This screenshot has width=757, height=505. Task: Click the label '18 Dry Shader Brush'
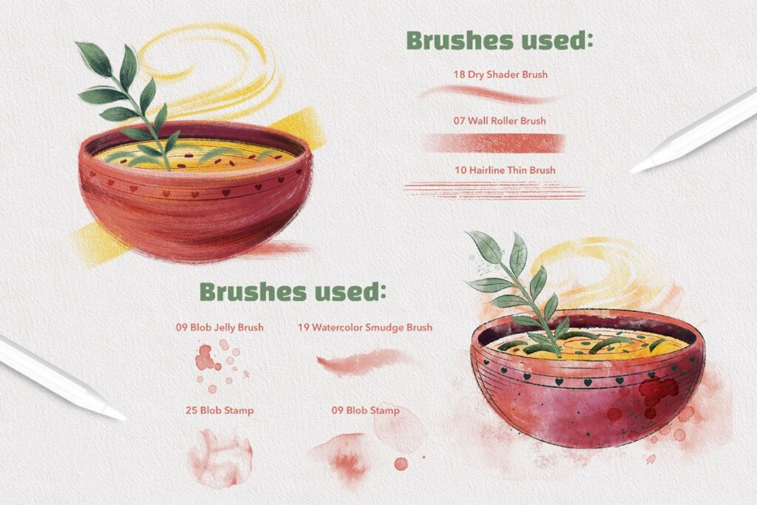500,75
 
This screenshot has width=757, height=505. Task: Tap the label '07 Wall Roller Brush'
500,121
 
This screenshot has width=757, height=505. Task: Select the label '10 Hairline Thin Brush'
505,170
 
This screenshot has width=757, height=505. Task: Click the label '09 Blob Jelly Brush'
219,327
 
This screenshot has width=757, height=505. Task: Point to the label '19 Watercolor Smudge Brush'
365,327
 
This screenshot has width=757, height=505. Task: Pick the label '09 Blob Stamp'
365,410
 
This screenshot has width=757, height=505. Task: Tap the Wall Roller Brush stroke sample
492,143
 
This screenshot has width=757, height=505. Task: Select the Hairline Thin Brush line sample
494,191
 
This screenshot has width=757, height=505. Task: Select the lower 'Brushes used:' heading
293,291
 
